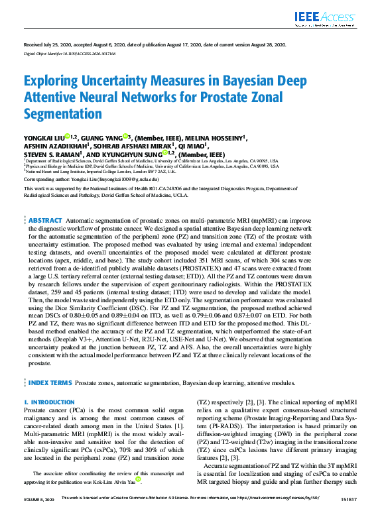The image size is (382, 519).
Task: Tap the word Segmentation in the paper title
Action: coord(63,113)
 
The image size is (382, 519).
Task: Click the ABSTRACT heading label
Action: coord(46,219)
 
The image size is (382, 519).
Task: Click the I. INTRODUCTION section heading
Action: coord(49,402)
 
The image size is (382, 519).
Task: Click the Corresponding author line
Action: coord(91,180)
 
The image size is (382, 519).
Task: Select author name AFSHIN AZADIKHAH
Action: coord(54,146)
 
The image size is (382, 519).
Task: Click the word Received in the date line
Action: coord(34,44)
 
